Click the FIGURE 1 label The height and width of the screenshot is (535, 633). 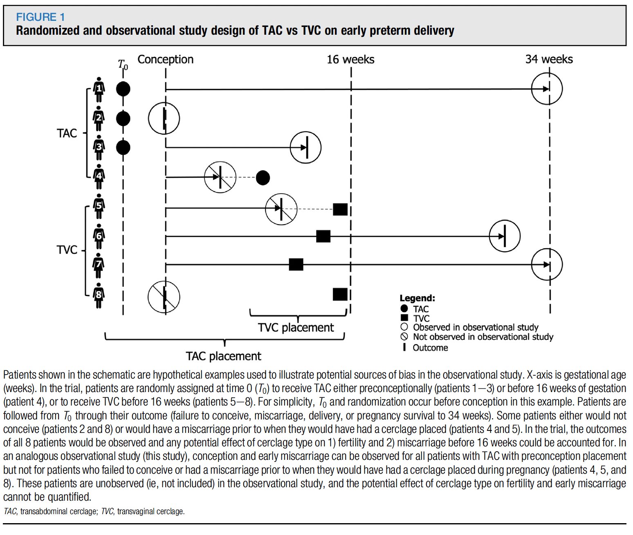pos(40,17)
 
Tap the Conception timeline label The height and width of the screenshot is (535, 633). pos(165,60)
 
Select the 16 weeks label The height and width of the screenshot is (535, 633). pos(350,60)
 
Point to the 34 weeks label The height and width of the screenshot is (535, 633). pos(549,59)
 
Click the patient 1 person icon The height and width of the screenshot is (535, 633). pos(99,89)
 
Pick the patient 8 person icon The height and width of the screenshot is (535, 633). pos(99,295)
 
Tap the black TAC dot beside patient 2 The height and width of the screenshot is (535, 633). pos(123,119)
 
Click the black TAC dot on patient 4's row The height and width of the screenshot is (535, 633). pos(263,178)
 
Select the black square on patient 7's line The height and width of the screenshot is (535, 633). pos(296,265)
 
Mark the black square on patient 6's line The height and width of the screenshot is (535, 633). pos(323,236)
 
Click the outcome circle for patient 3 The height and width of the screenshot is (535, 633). pos(305,147)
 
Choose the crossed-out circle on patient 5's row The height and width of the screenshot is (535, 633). pos(281,209)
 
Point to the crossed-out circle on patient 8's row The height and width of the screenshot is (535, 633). pos(164,297)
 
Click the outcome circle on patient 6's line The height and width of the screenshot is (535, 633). pos(505,236)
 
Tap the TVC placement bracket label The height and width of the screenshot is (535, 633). pos(296,328)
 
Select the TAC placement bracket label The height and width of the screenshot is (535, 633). pos(223,356)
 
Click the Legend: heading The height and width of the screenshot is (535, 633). pos(417,298)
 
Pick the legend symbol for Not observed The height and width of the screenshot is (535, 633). pos(404,337)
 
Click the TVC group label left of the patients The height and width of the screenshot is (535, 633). pos(67,250)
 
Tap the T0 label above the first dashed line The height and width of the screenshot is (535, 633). pos(123,65)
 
